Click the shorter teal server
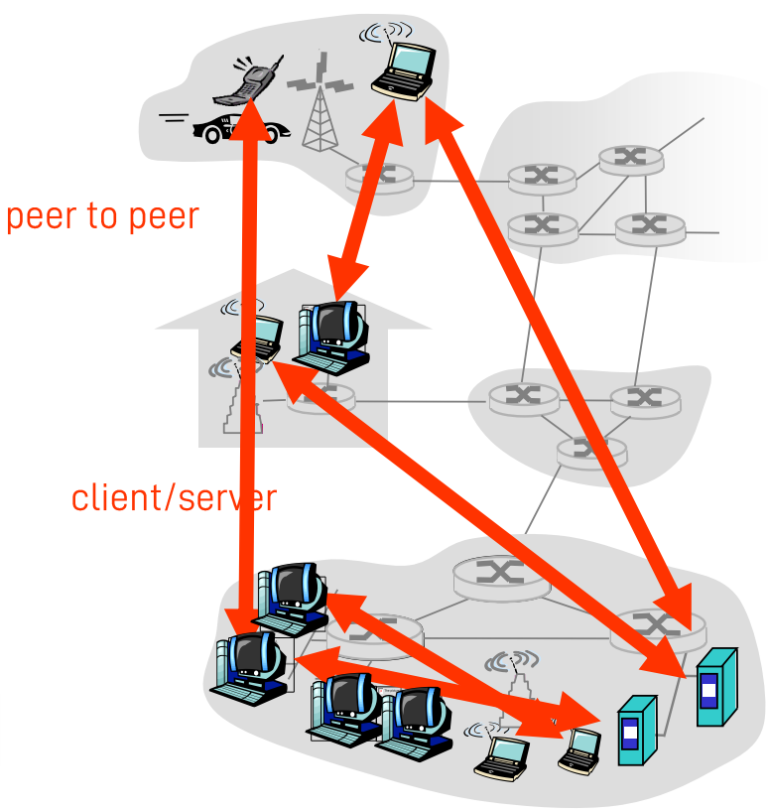pyautogui.click(x=636, y=730)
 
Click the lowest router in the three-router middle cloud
pyautogui.click(x=591, y=450)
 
